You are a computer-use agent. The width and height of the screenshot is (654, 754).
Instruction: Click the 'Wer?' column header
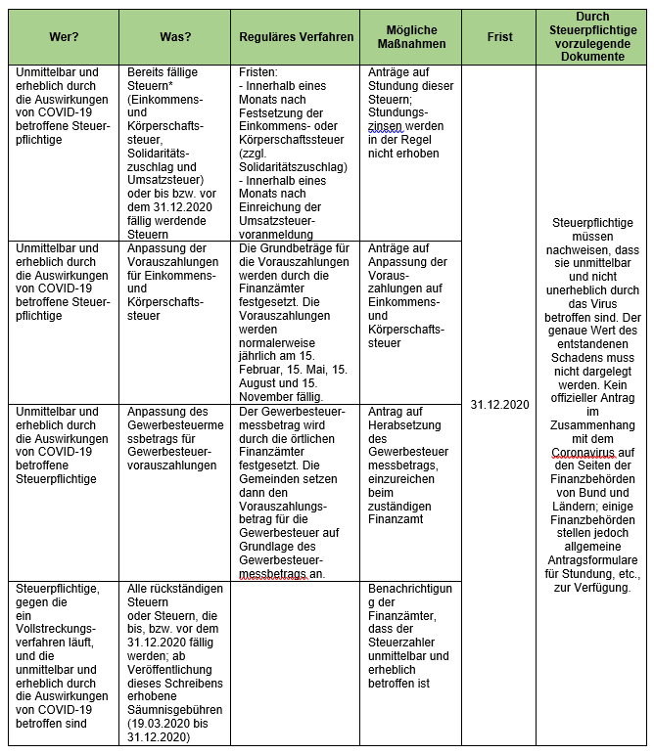click(63, 37)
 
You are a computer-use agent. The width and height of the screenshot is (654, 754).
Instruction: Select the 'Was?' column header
click(175, 37)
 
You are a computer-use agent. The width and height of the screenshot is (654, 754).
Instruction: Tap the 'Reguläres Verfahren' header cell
click(296, 37)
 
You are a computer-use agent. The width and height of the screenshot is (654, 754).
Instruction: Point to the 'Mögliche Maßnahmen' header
click(411, 37)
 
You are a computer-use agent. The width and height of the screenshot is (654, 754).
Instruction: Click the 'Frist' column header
click(498, 37)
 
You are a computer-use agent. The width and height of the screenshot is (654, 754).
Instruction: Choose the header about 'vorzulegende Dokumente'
click(592, 37)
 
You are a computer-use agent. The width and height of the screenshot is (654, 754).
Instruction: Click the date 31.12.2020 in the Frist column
click(499, 404)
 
